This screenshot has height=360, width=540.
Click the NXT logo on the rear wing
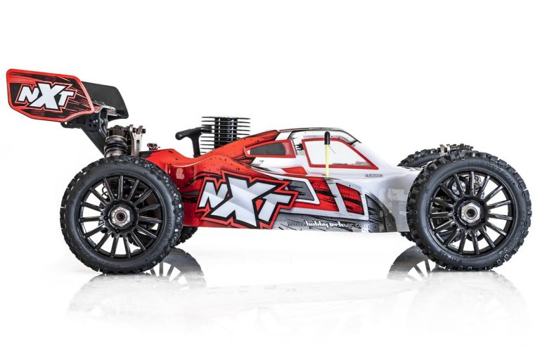pos(46,96)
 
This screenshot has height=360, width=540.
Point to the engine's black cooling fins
pos(224,133)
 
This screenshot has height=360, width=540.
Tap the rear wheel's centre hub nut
pos(121,216)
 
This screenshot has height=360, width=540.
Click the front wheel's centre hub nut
pos(470,212)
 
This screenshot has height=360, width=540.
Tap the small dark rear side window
pos(270,148)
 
